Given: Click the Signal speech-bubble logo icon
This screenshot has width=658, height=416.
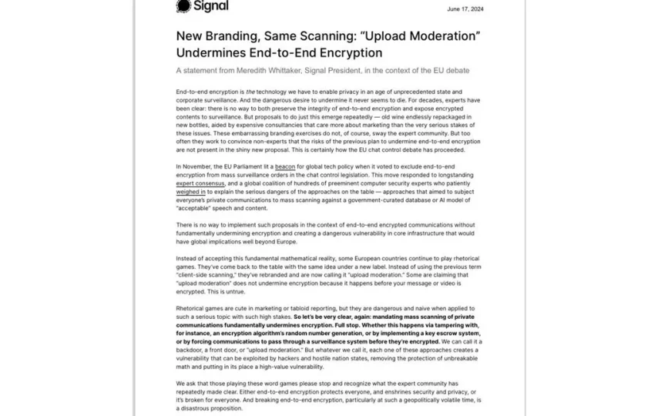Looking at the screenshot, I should (x=183, y=6).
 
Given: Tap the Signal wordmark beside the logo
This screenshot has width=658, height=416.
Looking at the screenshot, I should (x=211, y=6).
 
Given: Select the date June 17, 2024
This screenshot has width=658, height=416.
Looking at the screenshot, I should (x=465, y=9).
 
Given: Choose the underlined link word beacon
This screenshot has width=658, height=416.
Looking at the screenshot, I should (x=285, y=166).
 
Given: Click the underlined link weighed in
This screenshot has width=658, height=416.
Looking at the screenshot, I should (x=190, y=193).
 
